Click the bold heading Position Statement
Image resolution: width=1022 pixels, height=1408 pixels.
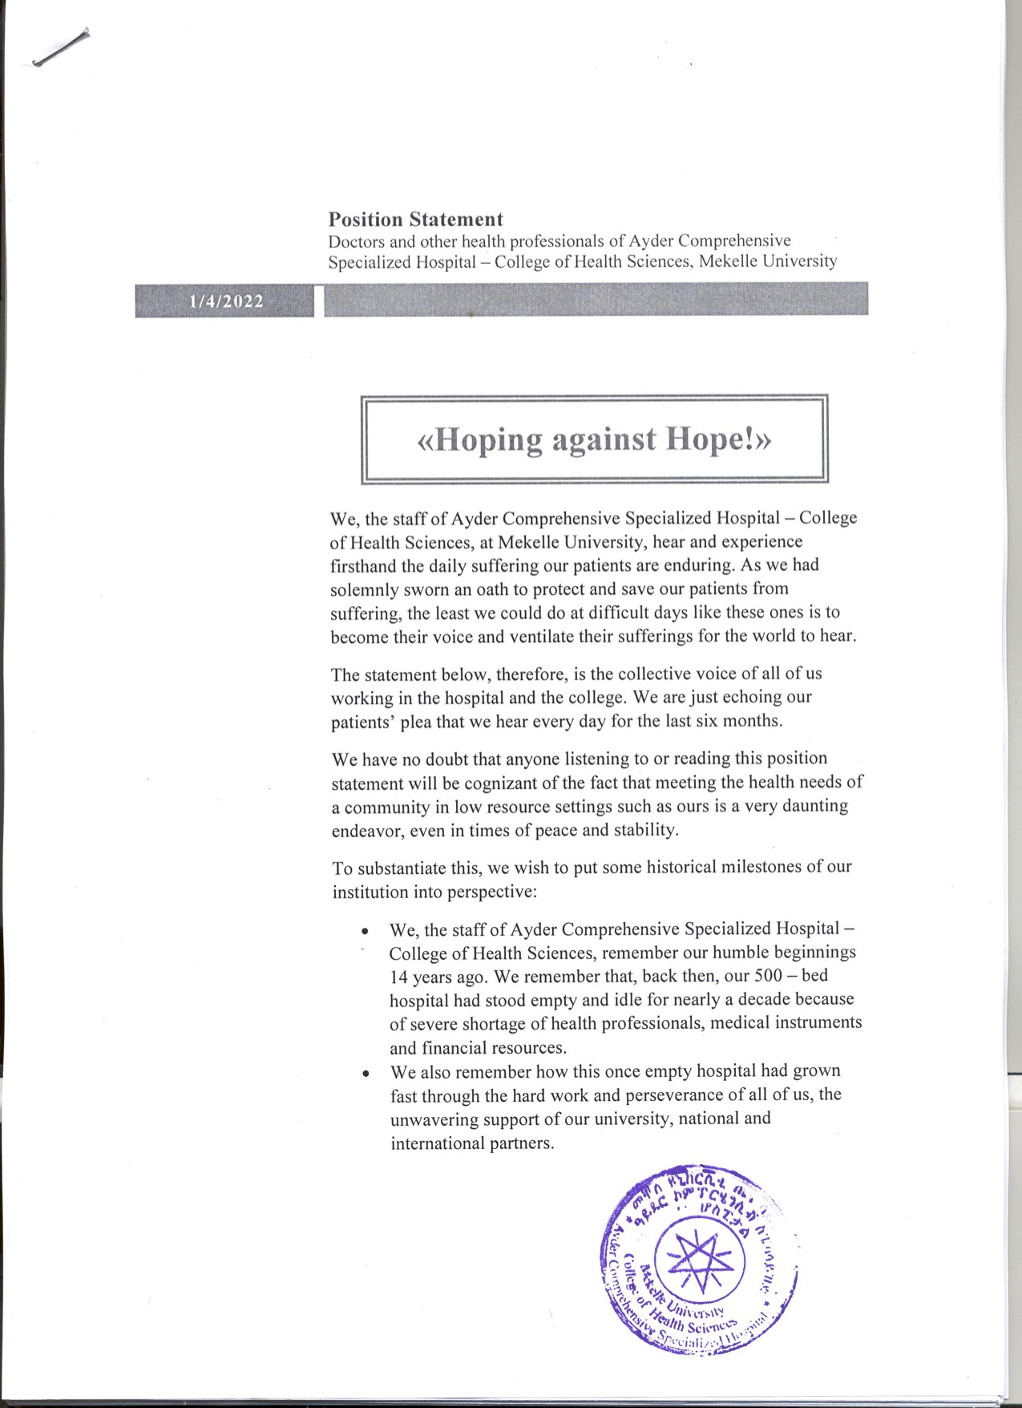tap(415, 219)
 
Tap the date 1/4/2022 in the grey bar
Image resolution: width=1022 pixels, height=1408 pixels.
tap(226, 301)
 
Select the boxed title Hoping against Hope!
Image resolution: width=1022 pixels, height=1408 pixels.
tap(594, 439)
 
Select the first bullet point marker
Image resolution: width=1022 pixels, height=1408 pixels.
tap(366, 932)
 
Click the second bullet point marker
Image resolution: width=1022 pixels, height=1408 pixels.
tap(366, 1074)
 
